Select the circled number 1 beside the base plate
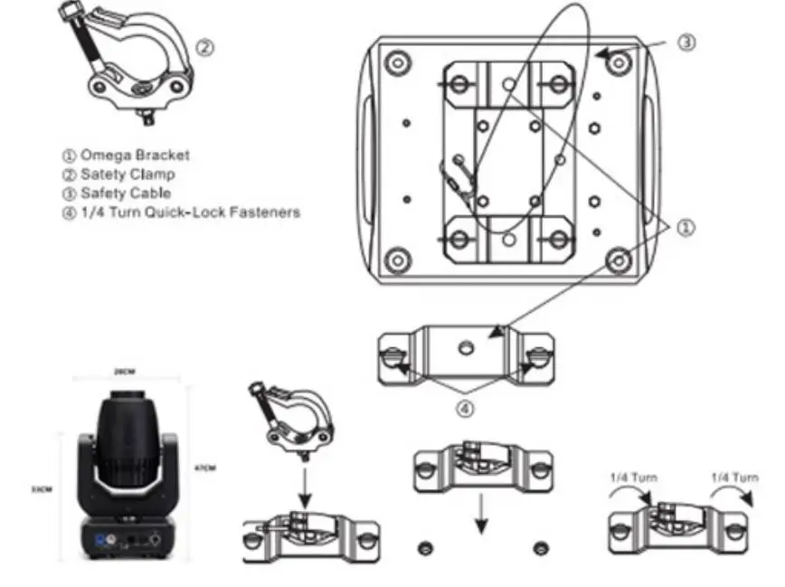[686, 228]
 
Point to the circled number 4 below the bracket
[464, 409]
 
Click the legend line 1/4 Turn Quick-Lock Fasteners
[181, 213]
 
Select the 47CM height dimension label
[205, 468]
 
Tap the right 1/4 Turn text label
[733, 477]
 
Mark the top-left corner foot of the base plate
[395, 64]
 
